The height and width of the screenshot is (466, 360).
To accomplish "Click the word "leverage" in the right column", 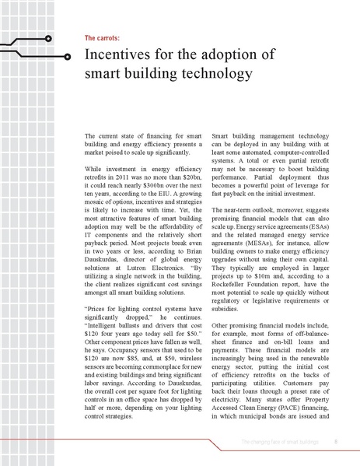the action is coord(310,189).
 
